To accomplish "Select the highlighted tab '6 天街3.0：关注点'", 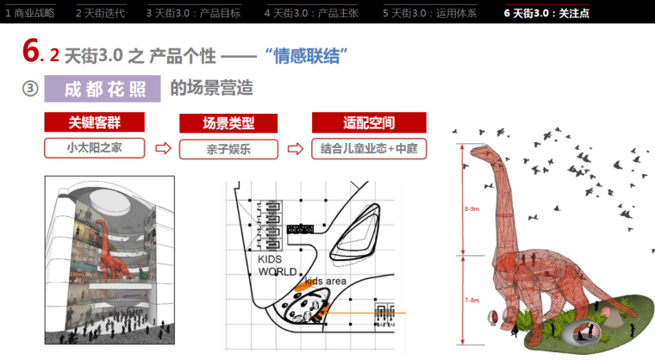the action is point(546,13).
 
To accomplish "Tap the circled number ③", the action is point(30,89).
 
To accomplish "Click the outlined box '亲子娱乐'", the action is point(228,148).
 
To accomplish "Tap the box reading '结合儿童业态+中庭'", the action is point(369,148).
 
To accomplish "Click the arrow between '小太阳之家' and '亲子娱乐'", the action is point(161,148).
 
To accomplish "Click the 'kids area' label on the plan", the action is point(325,282).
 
